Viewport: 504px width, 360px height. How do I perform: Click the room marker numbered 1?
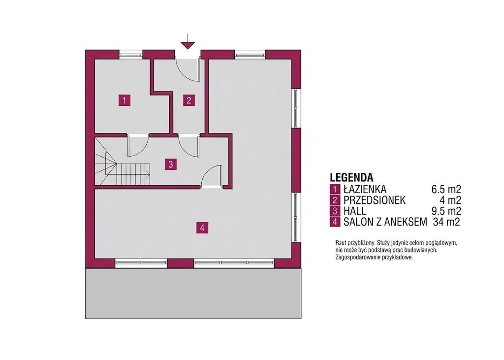pos(125,100)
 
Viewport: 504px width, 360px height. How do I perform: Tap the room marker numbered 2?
pos(189,100)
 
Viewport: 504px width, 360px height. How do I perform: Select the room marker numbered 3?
pos(171,164)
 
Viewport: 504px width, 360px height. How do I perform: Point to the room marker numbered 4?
pos(202,228)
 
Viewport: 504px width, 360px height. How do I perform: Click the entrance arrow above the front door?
pos(188,41)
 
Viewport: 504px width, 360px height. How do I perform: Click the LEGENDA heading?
pos(351,177)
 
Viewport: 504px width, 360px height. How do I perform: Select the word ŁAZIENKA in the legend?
pos(365,189)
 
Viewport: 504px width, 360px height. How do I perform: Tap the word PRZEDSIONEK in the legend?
pos(375,200)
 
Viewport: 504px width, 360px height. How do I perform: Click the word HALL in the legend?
pos(355,211)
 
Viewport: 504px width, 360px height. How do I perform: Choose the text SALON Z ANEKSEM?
pos(385,222)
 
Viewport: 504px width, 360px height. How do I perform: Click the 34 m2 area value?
pos(446,222)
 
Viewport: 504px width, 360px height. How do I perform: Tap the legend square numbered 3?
pos(335,211)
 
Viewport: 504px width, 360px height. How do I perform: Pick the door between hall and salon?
pos(212,176)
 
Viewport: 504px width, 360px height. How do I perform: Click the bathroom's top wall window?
pos(131,55)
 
